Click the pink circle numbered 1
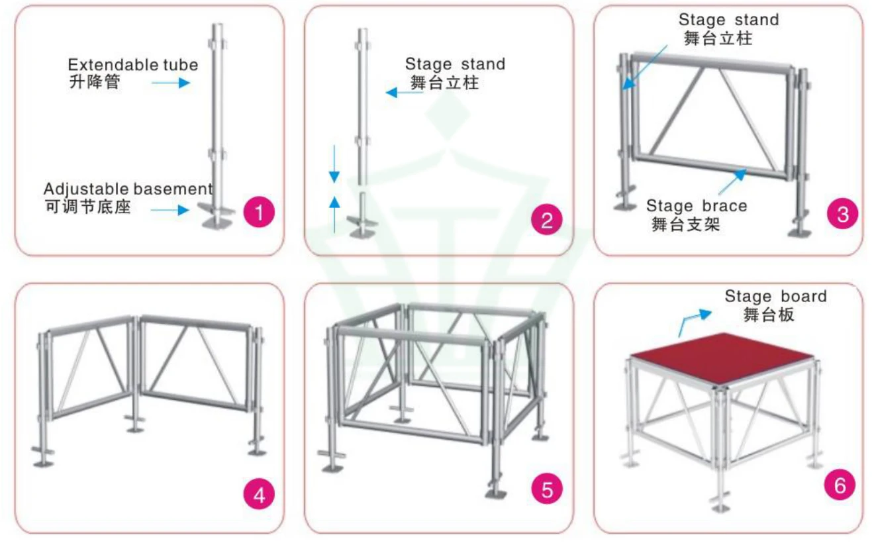coord(258,213)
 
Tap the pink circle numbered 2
coord(547,220)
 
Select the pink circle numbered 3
coord(842,214)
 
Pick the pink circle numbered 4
coord(258,496)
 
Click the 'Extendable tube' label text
coord(132,65)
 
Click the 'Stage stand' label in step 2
coord(455,64)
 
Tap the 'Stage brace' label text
coord(696,206)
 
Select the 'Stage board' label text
coord(775,296)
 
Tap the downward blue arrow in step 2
coord(334,163)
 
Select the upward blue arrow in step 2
coord(334,213)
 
